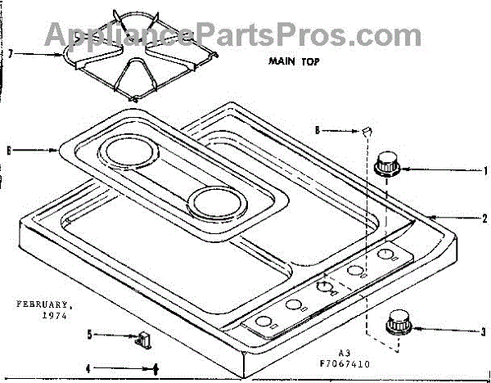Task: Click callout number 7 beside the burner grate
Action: pos(11,54)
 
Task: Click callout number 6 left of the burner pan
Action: pos(9,151)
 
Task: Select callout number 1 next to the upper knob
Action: pos(485,171)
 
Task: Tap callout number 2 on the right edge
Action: pos(484,219)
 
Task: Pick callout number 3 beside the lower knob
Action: pos(484,331)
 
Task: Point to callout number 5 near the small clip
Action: pos(89,335)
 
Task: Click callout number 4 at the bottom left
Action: pos(88,369)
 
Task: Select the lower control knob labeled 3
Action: pos(399,322)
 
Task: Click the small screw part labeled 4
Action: pos(155,370)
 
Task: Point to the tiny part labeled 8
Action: pos(367,131)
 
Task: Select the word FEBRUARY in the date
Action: pos(43,304)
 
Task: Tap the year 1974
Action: pos(55,316)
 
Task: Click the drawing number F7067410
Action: pos(345,364)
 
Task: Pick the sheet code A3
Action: pos(345,353)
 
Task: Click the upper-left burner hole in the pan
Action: pos(129,151)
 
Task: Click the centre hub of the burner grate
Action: pos(137,49)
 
